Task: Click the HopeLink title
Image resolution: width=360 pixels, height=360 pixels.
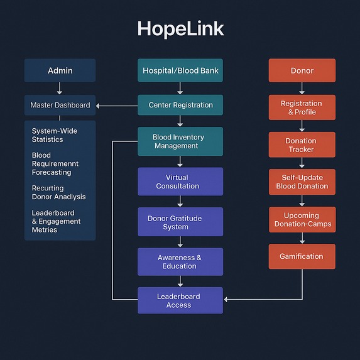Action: tap(180, 29)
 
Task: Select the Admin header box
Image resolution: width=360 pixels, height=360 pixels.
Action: tap(60, 70)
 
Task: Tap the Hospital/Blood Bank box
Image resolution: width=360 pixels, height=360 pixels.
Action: tap(180, 70)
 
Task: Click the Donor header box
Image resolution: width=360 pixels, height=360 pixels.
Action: tap(302, 70)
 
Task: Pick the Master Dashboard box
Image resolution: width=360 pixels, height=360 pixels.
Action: tap(60, 105)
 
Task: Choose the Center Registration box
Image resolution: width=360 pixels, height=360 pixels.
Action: tap(180, 105)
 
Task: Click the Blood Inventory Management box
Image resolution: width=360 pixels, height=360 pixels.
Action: tap(180, 141)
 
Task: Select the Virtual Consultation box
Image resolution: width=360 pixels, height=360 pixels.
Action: tap(180, 182)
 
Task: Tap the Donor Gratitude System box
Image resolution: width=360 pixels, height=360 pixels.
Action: tap(180, 222)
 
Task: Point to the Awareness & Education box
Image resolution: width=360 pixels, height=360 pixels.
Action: tap(180, 261)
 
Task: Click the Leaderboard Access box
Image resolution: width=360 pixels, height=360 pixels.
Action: tap(180, 300)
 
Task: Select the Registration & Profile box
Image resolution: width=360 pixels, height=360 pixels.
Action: tap(302, 107)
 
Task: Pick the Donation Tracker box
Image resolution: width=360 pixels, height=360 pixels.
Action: tap(302, 145)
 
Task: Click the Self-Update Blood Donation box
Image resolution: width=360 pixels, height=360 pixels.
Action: tap(302, 182)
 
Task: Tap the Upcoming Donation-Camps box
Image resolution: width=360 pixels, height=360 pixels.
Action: tap(302, 219)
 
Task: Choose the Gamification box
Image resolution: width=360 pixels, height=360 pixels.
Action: tap(302, 256)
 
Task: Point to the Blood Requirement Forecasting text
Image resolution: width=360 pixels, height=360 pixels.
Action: tap(56, 163)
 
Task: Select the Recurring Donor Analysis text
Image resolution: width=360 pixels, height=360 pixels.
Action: tap(58, 192)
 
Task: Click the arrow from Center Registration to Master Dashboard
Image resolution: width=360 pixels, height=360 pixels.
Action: tap(117, 106)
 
